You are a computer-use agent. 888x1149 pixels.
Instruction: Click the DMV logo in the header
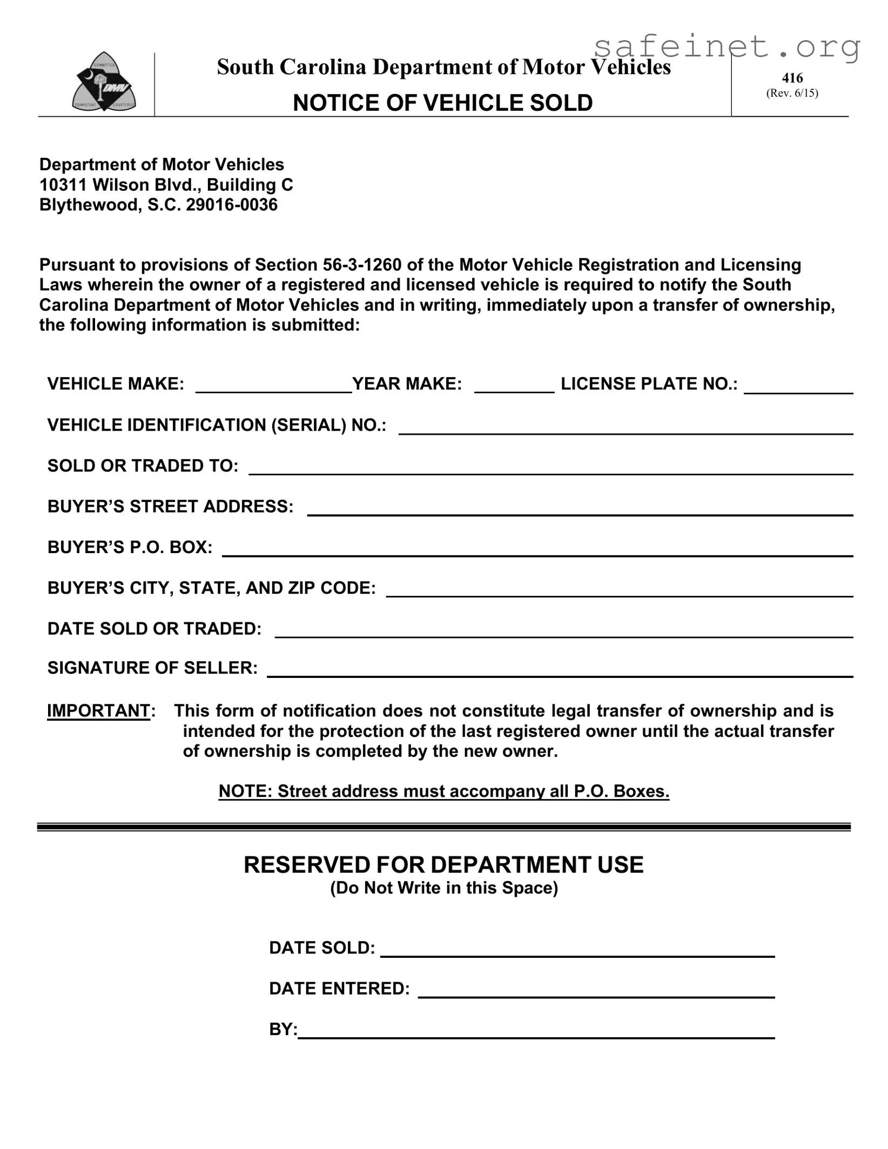pos(104,82)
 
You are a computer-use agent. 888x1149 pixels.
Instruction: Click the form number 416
pos(792,78)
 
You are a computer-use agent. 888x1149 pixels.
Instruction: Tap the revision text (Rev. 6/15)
pos(792,93)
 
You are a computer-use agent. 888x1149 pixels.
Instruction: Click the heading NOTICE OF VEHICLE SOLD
pos(442,103)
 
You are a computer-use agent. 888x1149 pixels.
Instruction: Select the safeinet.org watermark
pos(726,48)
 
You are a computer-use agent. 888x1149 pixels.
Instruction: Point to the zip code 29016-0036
pos(232,205)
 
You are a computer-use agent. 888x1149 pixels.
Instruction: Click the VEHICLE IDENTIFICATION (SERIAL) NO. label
pos(217,425)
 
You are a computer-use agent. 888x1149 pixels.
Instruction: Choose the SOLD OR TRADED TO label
pos(143,466)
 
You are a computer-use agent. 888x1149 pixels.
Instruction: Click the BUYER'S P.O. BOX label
pos(130,547)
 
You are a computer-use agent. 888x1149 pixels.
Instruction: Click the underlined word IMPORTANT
pos(98,711)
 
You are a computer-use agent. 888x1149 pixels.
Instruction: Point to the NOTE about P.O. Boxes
pos(443,791)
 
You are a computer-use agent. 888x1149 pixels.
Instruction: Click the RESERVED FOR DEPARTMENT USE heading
pos(443,865)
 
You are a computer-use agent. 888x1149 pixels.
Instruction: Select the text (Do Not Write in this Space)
pos(443,889)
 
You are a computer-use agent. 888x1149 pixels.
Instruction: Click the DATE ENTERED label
pos(339,989)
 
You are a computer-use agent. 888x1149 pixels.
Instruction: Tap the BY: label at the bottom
pos(283,1030)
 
